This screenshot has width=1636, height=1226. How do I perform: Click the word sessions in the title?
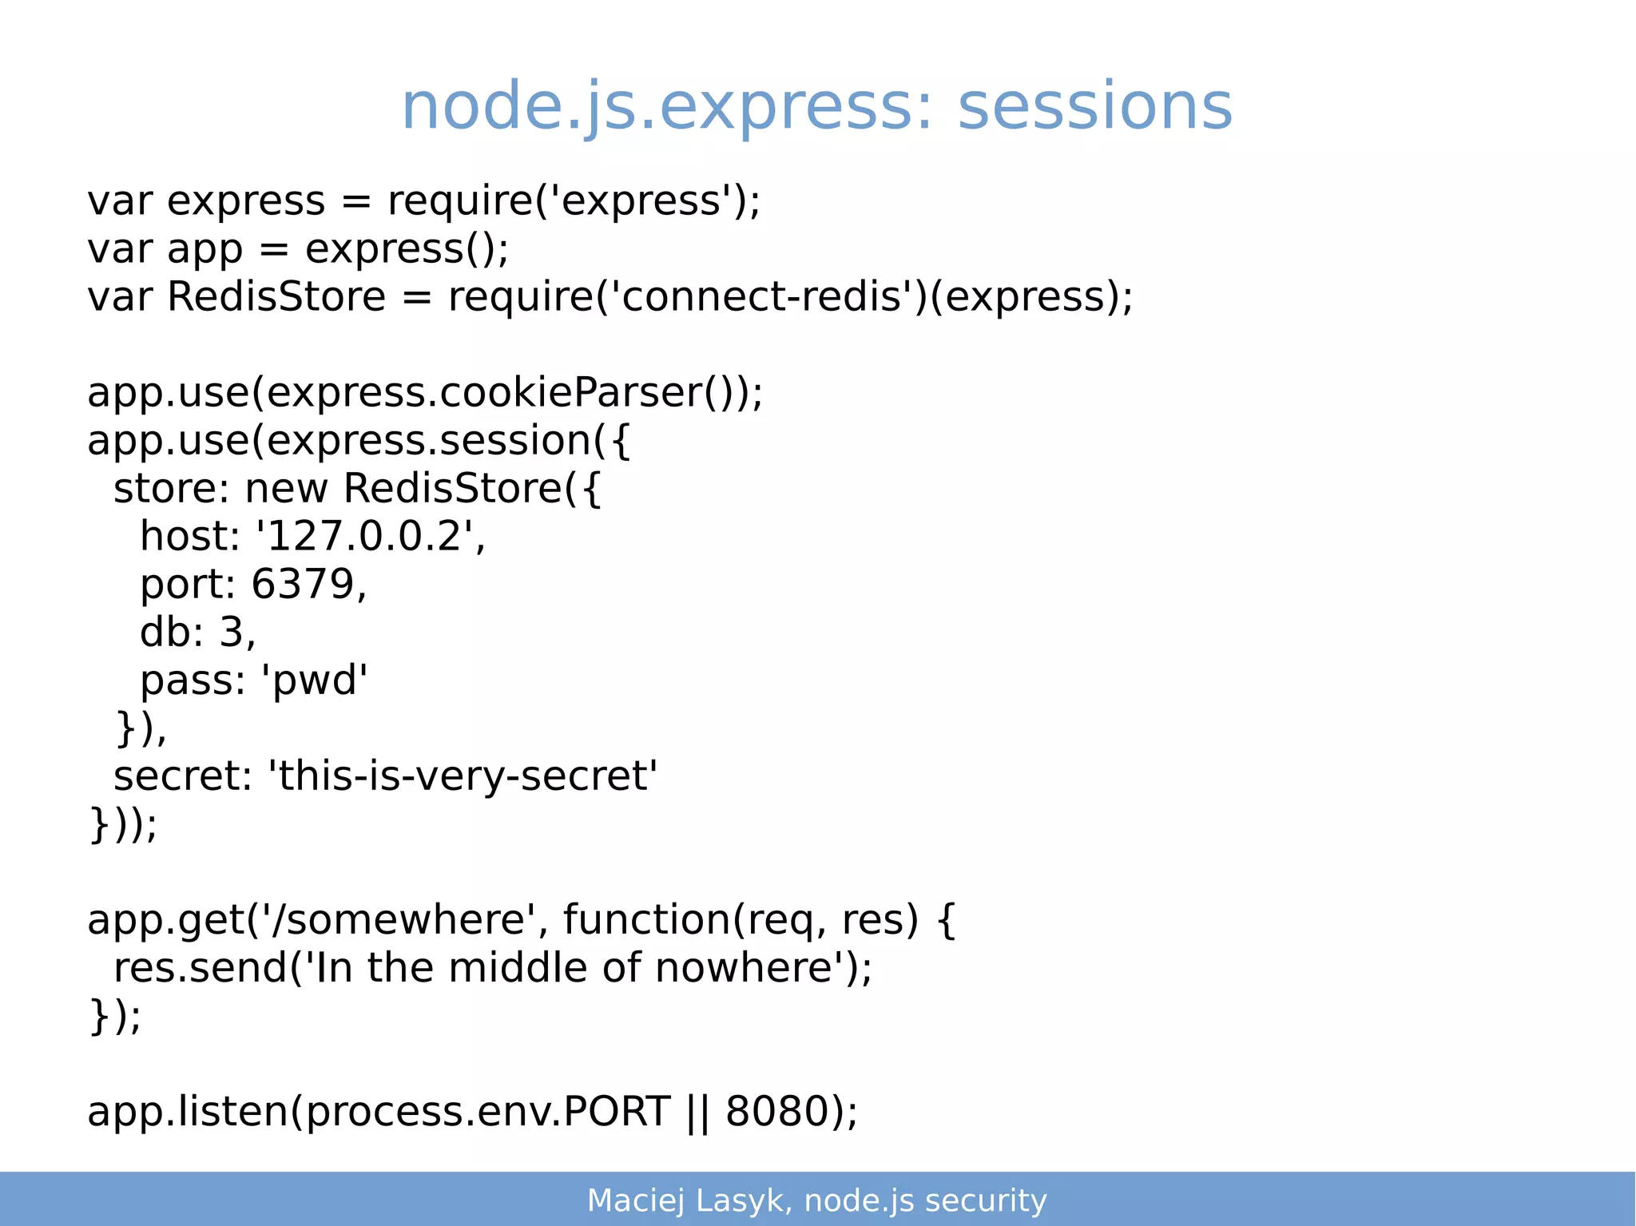pyautogui.click(x=1094, y=107)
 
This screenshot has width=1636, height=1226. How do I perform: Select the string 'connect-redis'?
pyautogui.click(x=766, y=297)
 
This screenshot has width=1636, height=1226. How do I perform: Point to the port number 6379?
pyautogui.click(x=303, y=585)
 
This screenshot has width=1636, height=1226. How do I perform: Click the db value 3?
pyautogui.click(x=231, y=633)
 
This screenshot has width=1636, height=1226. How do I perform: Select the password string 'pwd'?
pyautogui.click(x=314, y=680)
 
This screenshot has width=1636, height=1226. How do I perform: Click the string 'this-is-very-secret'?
pyautogui.click(x=463, y=776)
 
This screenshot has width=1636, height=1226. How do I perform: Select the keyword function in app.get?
pyautogui.click(x=647, y=920)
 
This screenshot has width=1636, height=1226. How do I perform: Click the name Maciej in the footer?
pyautogui.click(x=636, y=1200)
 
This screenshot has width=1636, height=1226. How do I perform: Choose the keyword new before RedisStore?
pyautogui.click(x=286, y=489)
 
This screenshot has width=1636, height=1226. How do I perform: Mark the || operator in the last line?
pyautogui.click(x=697, y=1112)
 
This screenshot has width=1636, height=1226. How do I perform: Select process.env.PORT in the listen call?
pyautogui.click(x=488, y=1112)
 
